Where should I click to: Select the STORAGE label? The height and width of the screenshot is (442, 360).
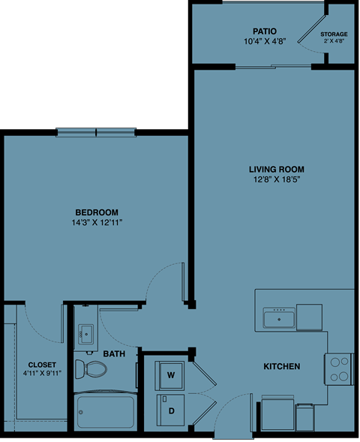pos(334,35)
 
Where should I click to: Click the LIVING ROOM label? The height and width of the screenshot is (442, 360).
pos(277,169)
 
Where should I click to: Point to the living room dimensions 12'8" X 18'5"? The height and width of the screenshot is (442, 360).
pos(277,180)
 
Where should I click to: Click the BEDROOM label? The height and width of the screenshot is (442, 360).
pos(97,212)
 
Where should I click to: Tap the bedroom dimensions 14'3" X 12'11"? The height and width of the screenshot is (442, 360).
pos(97,223)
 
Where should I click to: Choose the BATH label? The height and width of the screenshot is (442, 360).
pos(114,353)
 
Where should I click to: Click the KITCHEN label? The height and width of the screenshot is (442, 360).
pos(281,366)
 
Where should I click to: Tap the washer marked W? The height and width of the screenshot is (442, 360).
pos(170,374)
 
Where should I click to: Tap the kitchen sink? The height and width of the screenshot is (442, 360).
pos(278,320)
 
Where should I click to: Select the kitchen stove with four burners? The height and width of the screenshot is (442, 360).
pos(339,368)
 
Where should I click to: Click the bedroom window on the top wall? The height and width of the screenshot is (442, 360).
pos(97,133)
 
